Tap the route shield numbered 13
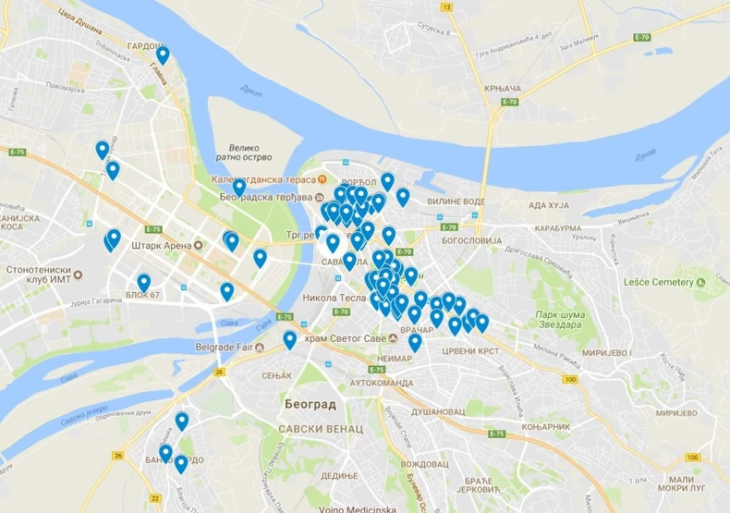pyautogui.click(x=447, y=7)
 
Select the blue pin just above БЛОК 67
pyautogui.click(x=144, y=281)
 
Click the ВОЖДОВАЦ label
pyautogui.click(x=425, y=463)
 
